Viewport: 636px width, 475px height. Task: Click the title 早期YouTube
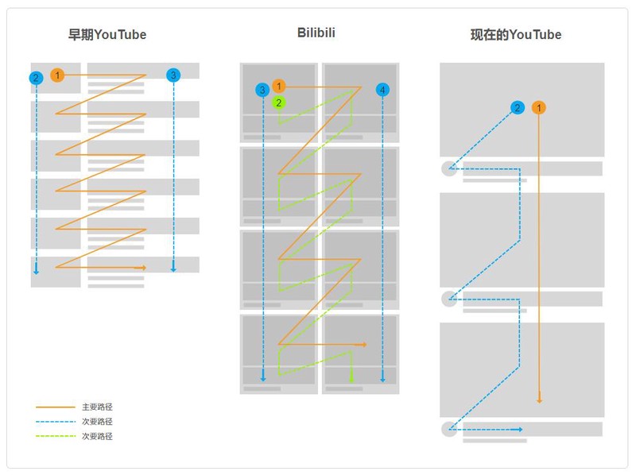(107, 34)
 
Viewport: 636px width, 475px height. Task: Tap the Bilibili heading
(316, 33)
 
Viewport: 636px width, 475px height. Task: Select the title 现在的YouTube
(516, 34)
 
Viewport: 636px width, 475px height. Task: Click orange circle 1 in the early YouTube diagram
(57, 75)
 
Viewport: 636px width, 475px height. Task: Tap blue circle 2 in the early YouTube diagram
(36, 78)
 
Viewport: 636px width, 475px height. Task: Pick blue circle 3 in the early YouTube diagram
(173, 75)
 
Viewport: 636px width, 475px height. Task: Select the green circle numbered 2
(279, 103)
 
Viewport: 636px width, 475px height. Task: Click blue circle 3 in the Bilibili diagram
(262, 90)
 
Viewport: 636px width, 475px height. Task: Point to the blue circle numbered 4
(382, 90)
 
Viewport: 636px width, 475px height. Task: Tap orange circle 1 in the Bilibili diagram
(279, 86)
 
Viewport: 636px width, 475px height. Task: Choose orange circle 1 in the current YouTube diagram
(539, 108)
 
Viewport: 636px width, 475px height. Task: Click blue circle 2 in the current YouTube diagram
(518, 108)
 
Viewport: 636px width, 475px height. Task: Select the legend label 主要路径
(97, 407)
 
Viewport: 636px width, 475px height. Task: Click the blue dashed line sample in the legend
(56, 422)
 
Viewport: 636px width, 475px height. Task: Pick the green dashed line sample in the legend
(56, 436)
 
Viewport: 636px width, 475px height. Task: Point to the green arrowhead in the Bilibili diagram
(351, 380)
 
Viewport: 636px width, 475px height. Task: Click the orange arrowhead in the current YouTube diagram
(539, 399)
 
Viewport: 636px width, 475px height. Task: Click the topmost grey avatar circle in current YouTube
(449, 168)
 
